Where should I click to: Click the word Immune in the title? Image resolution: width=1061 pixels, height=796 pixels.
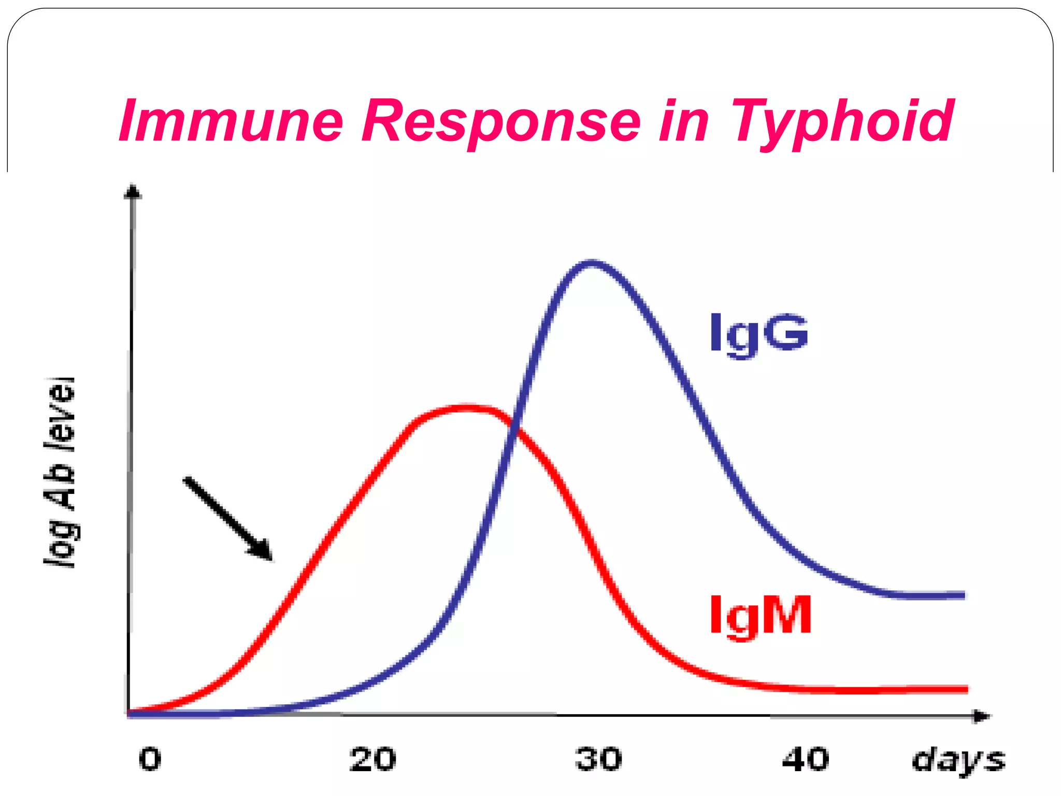[x=231, y=121]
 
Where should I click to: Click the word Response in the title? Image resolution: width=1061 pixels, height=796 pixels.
[x=500, y=121]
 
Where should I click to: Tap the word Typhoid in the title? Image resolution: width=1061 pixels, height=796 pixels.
[x=841, y=121]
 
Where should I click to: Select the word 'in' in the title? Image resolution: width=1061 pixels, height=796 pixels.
[x=684, y=121]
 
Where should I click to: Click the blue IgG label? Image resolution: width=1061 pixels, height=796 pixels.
[x=758, y=333]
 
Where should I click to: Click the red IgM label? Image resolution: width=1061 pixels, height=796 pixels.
[x=759, y=615]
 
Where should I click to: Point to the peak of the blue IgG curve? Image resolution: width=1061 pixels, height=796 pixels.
[x=592, y=263]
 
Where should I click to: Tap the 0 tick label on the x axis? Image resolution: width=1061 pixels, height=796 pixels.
[x=150, y=760]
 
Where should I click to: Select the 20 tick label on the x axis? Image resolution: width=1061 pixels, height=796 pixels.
[x=372, y=760]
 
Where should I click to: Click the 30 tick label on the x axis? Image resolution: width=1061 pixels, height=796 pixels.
[x=598, y=760]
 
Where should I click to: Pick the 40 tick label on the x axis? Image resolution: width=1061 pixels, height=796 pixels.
[x=806, y=760]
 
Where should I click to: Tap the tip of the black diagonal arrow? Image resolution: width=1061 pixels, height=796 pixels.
[x=270, y=559]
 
